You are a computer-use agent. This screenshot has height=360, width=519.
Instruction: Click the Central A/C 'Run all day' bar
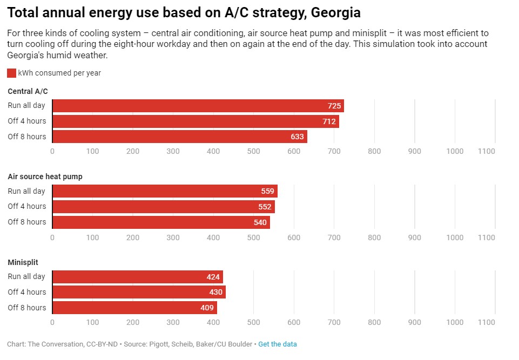pyautogui.click(x=198, y=106)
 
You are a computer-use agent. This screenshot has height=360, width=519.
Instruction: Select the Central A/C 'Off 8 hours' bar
pyautogui.click(x=179, y=137)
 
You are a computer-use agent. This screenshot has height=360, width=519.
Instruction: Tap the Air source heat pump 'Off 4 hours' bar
pyautogui.click(x=163, y=207)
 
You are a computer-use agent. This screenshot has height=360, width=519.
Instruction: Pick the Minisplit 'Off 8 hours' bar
pyautogui.click(x=134, y=308)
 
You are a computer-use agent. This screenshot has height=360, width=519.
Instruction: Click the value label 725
pyautogui.click(x=334, y=106)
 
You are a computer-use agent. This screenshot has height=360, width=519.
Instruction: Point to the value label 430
pyautogui.click(x=216, y=292)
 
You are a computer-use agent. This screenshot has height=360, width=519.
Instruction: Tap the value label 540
pyautogui.click(x=260, y=222)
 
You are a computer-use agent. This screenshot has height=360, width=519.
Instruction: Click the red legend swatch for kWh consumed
pyautogui.click(x=11, y=73)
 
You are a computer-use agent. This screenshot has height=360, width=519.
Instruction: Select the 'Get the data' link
pyautogui.click(x=277, y=344)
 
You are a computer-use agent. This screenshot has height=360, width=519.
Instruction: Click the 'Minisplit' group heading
pyautogui.click(x=23, y=262)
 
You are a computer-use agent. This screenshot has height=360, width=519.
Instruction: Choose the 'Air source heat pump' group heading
pyautogui.click(x=45, y=176)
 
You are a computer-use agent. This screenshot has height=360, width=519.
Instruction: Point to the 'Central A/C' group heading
pyautogui.click(x=28, y=91)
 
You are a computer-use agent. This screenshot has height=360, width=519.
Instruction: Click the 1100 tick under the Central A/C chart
pyautogui.click(x=487, y=151)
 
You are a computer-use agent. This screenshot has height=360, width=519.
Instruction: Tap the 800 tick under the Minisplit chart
pyautogui.click(x=374, y=322)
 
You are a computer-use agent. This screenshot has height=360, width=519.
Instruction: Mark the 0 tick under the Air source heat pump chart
pyautogui.click(x=52, y=237)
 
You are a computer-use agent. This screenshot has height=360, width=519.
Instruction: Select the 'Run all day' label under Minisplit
pyautogui.click(x=26, y=276)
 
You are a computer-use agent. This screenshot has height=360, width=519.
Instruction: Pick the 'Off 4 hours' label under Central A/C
pyautogui.click(x=27, y=121)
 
